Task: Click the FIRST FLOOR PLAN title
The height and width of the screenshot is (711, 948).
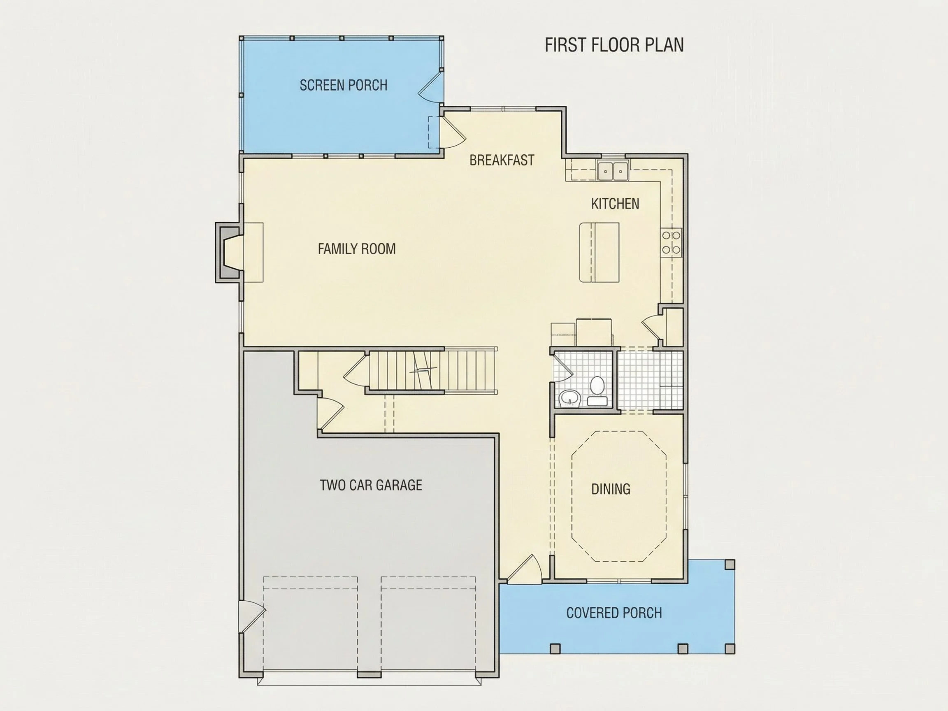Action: click(614, 45)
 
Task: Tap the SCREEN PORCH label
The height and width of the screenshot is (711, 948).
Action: click(343, 85)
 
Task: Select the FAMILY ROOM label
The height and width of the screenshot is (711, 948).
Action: click(357, 249)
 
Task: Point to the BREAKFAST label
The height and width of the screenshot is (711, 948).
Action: click(502, 160)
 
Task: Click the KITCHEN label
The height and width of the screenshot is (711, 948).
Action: click(615, 204)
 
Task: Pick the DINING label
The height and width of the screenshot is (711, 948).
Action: click(611, 489)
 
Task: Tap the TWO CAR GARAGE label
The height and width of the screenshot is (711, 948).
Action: click(371, 485)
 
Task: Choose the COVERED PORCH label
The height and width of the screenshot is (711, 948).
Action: click(614, 613)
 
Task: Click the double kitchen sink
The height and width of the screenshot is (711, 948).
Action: click(613, 171)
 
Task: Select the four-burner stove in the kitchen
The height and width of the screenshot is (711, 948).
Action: click(671, 242)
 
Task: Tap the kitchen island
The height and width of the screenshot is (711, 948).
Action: click(599, 252)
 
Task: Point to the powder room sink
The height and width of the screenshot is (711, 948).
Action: click(569, 398)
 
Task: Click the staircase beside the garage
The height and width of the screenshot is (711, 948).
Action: click(433, 370)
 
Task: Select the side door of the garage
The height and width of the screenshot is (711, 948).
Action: click(252, 616)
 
